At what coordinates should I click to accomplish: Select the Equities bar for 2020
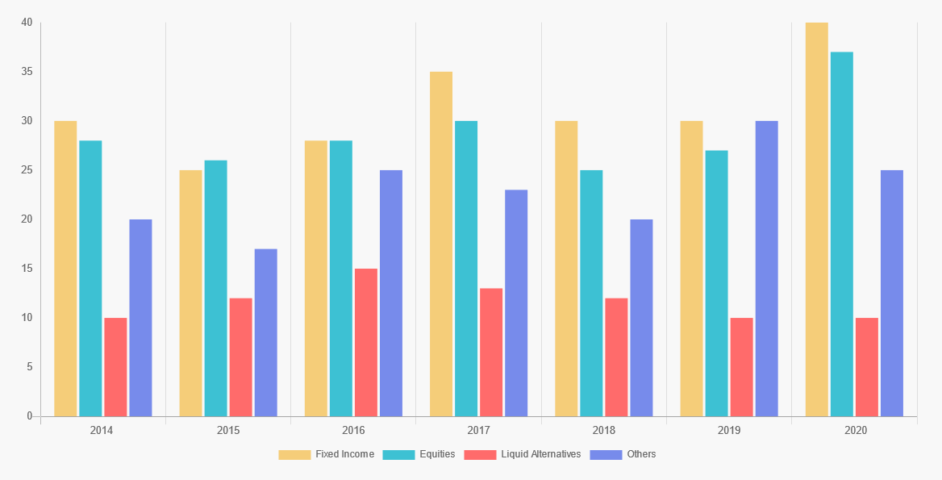841,234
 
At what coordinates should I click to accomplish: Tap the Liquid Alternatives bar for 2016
365,342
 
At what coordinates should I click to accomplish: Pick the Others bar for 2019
766,269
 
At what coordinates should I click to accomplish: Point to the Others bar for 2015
265,332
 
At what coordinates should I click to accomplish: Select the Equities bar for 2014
90,278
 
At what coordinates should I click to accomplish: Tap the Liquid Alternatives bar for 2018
616,357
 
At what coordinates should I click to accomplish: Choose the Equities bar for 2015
215,288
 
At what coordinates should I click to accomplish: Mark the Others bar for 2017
516,303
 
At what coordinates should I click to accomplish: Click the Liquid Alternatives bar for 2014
115,367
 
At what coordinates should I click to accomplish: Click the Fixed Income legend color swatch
294,455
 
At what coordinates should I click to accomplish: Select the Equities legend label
437,454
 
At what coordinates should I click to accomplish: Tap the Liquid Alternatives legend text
540,454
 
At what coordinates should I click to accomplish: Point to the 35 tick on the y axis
27,72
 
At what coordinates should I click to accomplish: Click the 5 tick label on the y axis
29,367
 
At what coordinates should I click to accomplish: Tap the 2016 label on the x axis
353,431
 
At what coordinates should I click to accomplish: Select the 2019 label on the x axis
729,431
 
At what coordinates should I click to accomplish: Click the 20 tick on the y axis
27,219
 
